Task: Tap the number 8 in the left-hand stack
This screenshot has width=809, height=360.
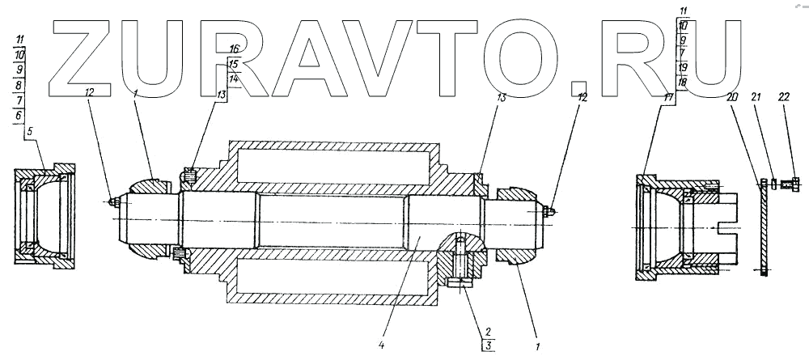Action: coord(19,84)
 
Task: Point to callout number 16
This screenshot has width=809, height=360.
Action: coord(234,49)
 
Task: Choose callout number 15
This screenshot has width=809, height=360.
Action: coord(234,63)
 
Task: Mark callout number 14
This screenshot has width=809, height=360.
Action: coord(234,78)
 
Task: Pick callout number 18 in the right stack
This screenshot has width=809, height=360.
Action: coord(683,83)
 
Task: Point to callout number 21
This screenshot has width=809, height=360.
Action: coord(757,97)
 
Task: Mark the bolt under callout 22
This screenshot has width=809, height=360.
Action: coord(792,183)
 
